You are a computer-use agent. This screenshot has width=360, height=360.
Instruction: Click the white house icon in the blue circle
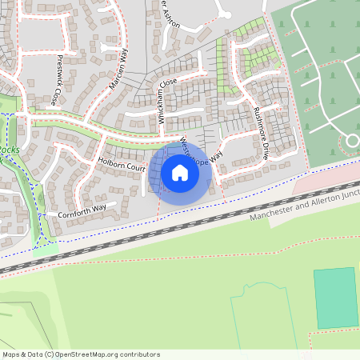point(180,172)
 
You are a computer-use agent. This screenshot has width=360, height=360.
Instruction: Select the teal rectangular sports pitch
point(335,298)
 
